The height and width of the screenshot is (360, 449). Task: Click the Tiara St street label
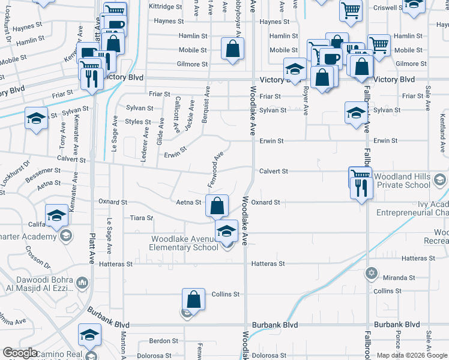click(x=142, y=218)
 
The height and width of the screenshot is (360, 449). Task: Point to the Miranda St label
click(x=400, y=278)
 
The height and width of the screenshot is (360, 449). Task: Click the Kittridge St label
click(x=166, y=7)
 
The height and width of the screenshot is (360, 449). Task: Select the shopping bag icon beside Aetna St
click(x=217, y=206)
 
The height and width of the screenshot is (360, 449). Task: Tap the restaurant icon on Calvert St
click(x=363, y=188)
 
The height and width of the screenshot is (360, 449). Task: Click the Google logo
click(x=20, y=353)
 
